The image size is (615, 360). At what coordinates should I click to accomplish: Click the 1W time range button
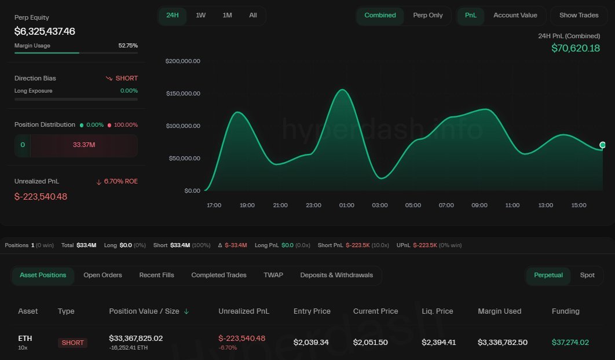click(x=200, y=16)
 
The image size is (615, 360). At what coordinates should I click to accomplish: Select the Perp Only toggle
click(x=427, y=16)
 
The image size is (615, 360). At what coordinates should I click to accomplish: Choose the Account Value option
click(x=515, y=16)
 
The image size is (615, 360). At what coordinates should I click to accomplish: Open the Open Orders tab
click(x=103, y=275)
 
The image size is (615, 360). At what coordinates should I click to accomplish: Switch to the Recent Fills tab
click(x=156, y=275)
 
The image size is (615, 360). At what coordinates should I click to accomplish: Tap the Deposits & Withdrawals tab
click(x=336, y=275)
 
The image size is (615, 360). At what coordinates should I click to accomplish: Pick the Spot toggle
click(x=587, y=275)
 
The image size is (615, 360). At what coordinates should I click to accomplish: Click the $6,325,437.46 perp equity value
click(x=45, y=31)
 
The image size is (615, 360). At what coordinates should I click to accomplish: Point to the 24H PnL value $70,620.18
click(x=575, y=48)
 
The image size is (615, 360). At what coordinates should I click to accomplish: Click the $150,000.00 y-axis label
click(x=191, y=94)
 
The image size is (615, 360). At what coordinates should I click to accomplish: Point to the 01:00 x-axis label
click(x=347, y=205)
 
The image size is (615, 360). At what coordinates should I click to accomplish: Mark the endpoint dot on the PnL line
click(x=603, y=145)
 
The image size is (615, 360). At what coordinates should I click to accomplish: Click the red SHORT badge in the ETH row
click(x=73, y=343)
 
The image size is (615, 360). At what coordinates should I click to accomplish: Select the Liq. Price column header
click(x=437, y=311)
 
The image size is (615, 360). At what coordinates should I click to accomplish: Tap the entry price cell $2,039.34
click(x=311, y=343)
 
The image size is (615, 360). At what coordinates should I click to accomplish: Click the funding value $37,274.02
click(x=570, y=343)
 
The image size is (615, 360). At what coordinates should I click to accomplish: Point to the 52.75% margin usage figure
click(x=128, y=46)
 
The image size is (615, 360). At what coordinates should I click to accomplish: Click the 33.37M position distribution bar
click(x=84, y=145)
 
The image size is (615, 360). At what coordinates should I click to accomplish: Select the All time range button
click(x=253, y=16)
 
